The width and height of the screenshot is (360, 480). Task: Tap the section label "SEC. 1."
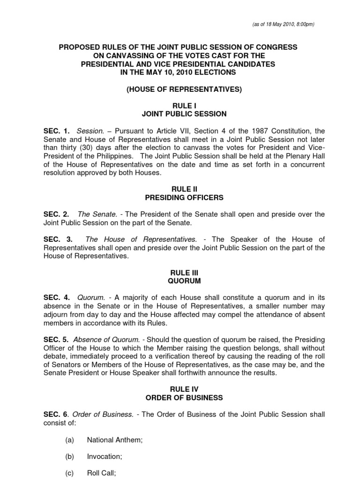[x=57, y=131]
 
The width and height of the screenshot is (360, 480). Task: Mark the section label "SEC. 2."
[x=57, y=214]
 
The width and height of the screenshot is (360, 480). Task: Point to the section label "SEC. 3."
[x=57, y=240]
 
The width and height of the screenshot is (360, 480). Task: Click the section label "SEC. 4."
[x=57, y=298]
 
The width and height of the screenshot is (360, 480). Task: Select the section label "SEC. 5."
[x=57, y=339]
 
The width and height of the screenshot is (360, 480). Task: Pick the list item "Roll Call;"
[x=101, y=473]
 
